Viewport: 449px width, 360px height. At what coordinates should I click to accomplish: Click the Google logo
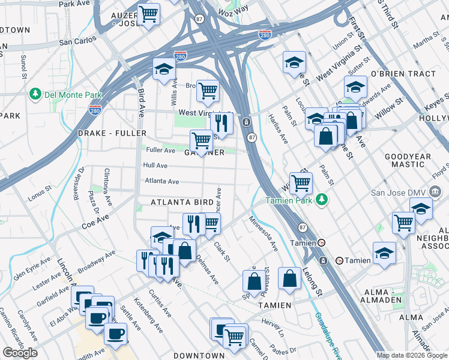coord(20,353)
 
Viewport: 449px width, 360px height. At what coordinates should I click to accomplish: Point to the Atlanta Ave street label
coord(161,181)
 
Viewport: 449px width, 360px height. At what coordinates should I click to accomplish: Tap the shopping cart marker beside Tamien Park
coord(300,182)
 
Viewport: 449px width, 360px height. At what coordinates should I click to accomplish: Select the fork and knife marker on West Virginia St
coord(223,124)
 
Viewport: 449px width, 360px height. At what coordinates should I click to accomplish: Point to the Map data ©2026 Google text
coord(412,355)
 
